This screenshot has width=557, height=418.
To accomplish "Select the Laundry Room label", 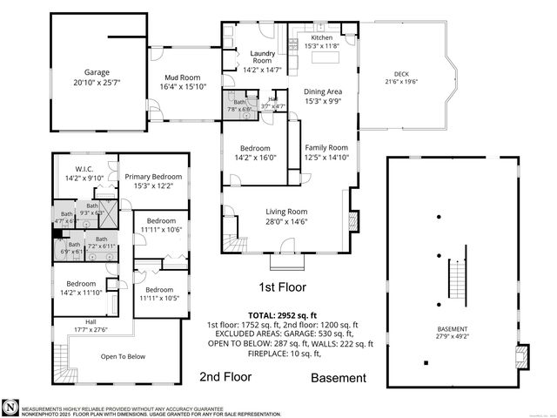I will (x=257, y=55).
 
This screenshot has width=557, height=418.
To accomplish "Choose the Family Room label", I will (x=325, y=147).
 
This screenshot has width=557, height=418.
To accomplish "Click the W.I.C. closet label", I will (x=84, y=169).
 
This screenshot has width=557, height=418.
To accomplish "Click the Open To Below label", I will (x=122, y=356).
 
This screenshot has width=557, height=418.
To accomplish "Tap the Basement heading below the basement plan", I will (x=339, y=378).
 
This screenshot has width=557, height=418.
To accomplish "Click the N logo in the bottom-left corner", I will (x=10, y=407).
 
